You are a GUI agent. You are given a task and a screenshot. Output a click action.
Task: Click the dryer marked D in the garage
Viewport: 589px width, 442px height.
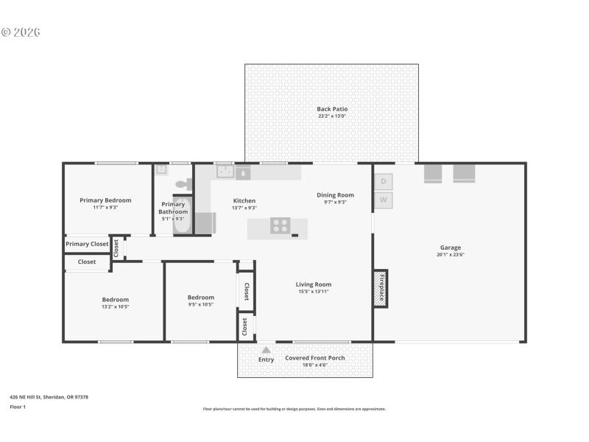pyautogui.click(x=384, y=181)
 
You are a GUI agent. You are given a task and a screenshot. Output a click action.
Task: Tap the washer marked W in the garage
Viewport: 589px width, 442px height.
pyautogui.click(x=384, y=200)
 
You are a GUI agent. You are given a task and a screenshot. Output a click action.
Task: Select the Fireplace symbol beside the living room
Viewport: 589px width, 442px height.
pyautogui.click(x=381, y=289)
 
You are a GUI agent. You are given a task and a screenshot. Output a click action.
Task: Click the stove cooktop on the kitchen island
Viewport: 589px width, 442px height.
pyautogui.click(x=280, y=226)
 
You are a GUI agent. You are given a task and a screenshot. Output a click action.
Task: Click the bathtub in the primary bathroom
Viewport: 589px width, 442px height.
pyautogui.click(x=182, y=216)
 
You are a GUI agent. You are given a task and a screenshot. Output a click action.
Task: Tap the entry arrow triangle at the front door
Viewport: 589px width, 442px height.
pyautogui.click(x=266, y=350)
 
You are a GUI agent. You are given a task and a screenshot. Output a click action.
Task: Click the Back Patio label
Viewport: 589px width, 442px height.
pyautogui.click(x=332, y=109)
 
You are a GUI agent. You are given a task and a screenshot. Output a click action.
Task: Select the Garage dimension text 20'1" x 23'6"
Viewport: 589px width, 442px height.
pyautogui.click(x=451, y=255)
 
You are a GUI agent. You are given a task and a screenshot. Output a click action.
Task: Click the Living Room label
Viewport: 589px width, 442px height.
pyautogui.click(x=314, y=284)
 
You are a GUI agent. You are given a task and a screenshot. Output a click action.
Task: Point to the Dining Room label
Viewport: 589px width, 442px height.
pyautogui.click(x=336, y=195)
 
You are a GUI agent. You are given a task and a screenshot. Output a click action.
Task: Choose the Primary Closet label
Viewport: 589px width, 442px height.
pyautogui.click(x=87, y=244)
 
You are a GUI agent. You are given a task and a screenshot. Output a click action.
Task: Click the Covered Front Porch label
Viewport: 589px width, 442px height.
pyautogui.click(x=315, y=358)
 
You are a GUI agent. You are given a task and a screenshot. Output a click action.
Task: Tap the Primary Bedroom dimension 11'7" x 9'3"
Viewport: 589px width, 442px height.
pyautogui.click(x=105, y=208)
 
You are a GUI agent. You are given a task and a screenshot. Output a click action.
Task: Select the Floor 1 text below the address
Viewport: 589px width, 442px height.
pyautogui.click(x=18, y=406)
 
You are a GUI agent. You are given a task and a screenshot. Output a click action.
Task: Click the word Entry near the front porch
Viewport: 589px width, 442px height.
pyautogui.click(x=266, y=359)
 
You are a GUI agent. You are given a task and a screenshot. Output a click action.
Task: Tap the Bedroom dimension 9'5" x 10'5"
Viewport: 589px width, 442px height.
pyautogui.click(x=200, y=304)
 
